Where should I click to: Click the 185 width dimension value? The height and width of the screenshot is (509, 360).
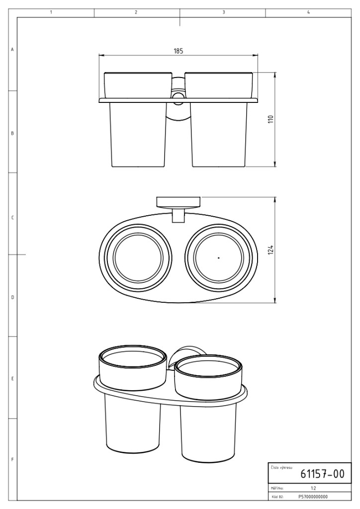[x=179, y=51]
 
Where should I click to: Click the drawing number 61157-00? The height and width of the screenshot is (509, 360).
[x=322, y=474]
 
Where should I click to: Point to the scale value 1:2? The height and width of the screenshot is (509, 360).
[x=313, y=488]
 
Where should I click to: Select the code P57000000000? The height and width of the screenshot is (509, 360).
[x=313, y=497]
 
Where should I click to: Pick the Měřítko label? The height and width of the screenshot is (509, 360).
[x=277, y=488]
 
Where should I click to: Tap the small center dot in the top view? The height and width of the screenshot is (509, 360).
[x=219, y=258]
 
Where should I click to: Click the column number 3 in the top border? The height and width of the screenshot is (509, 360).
[x=224, y=12]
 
